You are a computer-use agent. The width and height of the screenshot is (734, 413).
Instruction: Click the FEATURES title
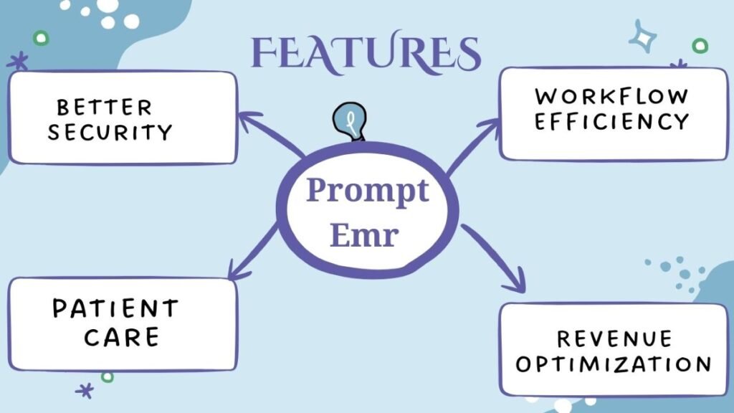(x=366, y=53)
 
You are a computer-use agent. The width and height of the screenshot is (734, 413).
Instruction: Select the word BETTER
(x=104, y=108)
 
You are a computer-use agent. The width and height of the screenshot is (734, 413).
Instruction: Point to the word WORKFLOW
(x=611, y=96)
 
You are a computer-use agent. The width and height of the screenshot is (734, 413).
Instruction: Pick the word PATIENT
(x=115, y=309)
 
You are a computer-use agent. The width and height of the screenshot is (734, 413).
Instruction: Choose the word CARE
(x=121, y=336)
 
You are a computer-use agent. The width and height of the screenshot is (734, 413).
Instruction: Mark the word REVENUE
(x=614, y=338)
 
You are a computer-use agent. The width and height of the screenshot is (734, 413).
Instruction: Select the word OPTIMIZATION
(x=614, y=364)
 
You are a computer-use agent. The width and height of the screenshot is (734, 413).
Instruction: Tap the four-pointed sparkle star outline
(x=643, y=37)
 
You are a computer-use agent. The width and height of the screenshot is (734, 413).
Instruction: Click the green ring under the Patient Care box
(x=108, y=376)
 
